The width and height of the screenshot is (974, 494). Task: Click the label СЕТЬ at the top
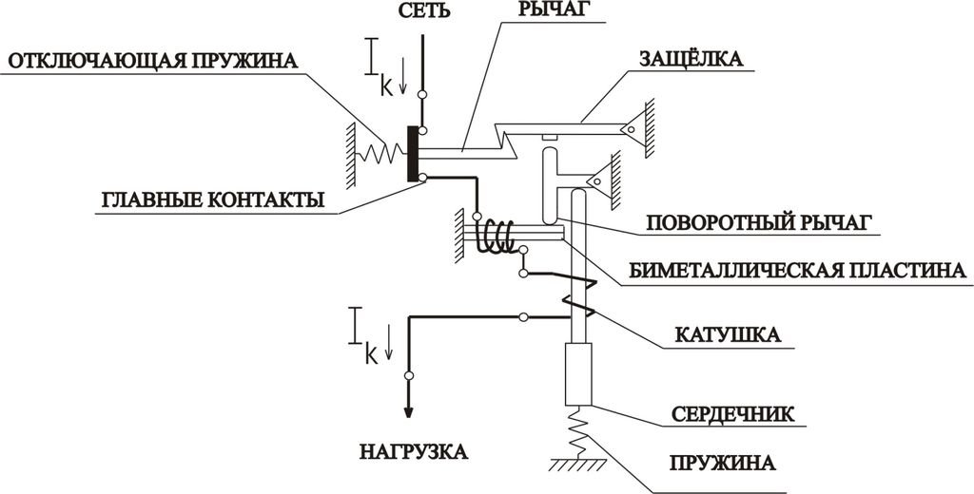(419, 12)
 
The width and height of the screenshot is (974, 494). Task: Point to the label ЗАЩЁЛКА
(691, 59)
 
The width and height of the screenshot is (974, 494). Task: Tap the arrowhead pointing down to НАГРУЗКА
(409, 410)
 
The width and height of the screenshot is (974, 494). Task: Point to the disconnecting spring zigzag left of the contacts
(383, 153)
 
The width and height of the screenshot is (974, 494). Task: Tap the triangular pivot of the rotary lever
(598, 177)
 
